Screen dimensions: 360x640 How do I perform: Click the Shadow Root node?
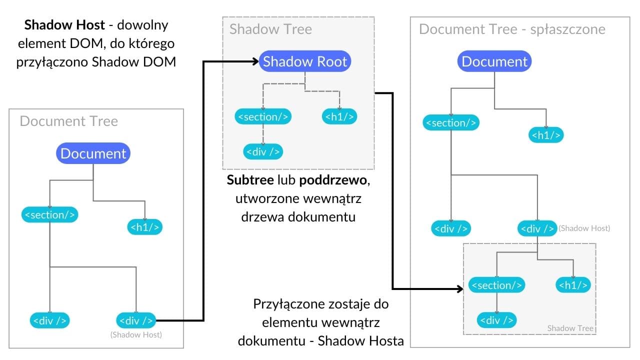305,62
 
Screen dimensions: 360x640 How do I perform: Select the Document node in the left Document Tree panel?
93,153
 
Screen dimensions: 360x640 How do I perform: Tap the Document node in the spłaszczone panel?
494,61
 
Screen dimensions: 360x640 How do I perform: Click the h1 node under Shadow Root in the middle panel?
340,117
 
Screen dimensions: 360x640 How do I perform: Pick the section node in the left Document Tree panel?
50,215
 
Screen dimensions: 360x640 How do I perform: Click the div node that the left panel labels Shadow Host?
135,320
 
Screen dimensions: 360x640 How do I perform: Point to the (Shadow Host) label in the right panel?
584,228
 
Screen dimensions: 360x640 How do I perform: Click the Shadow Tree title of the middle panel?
270,29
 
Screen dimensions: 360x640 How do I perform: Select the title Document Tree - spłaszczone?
512,29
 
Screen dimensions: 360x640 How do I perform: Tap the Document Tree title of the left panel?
69,121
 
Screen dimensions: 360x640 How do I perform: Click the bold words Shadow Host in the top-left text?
64,24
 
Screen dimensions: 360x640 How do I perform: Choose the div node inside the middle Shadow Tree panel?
263,151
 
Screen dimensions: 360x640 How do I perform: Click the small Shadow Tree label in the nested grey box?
570,328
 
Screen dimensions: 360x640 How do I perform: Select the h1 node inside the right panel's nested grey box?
573,285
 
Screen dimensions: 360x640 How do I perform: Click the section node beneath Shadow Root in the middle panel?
263,117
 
